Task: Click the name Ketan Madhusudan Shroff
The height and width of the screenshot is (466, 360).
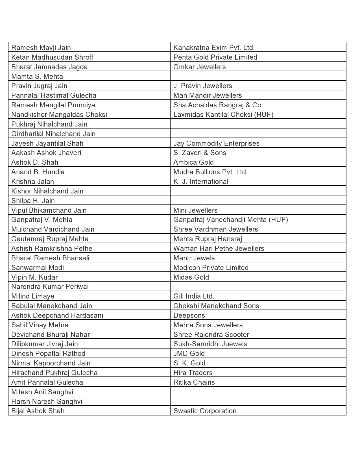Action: tap(52, 57)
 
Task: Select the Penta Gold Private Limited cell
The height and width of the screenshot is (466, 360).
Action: tap(215, 57)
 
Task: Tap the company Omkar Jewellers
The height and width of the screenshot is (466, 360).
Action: tap(200, 67)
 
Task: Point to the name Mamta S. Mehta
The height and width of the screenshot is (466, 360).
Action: tap(37, 77)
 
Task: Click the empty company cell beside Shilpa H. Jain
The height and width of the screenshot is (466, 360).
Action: tap(258, 201)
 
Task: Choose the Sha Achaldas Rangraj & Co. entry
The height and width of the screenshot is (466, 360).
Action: tap(218, 105)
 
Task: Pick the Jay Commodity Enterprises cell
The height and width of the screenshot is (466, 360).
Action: tap(216, 143)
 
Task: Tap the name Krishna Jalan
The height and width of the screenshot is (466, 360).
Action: tap(32, 182)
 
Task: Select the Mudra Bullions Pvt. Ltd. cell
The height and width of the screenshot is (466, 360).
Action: tap(210, 172)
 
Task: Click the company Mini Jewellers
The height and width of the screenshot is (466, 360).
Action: tap(195, 210)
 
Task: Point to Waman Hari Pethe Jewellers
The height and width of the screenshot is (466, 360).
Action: tap(219, 249)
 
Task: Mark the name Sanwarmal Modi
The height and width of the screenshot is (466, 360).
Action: tap(38, 268)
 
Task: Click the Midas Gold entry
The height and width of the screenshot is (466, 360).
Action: tap(191, 277)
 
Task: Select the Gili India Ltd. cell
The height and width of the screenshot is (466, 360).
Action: tap(194, 296)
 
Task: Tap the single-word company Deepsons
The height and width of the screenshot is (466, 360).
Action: tap(189, 315)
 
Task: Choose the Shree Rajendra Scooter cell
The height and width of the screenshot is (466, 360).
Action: tap(211, 335)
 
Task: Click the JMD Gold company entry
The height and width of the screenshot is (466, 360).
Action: tap(189, 354)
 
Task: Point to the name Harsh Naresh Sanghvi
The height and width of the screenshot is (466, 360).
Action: tap(47, 402)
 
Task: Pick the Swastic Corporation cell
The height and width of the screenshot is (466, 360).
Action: tap(205, 411)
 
